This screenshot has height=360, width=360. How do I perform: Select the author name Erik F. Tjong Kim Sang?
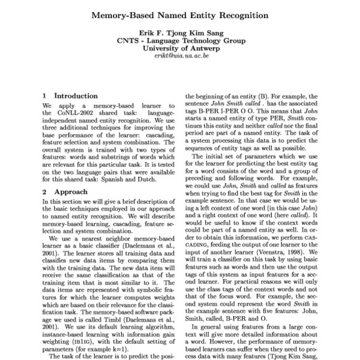(x=179, y=32)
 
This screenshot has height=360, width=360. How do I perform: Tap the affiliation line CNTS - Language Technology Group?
(x=180, y=41)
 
